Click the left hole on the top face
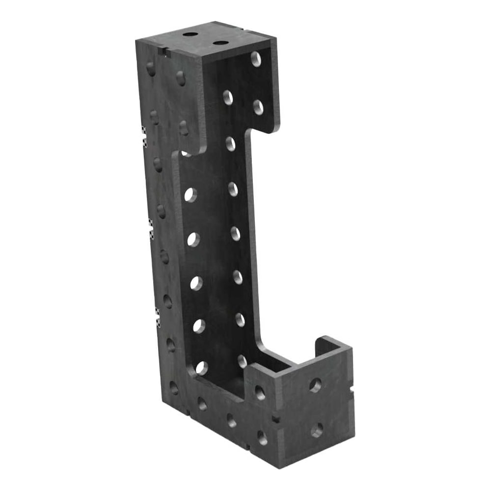click(x=190, y=35)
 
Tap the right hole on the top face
click(x=221, y=43)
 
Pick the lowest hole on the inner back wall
click(x=242, y=361)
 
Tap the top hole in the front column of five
click(x=191, y=195)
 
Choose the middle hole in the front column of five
click(x=196, y=283)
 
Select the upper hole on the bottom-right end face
click(x=315, y=385)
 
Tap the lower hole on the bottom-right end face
click(x=317, y=431)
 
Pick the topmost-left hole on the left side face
click(x=151, y=69)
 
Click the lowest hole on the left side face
click(x=174, y=388)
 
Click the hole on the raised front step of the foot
click(x=260, y=392)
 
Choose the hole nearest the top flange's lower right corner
click(x=258, y=108)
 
